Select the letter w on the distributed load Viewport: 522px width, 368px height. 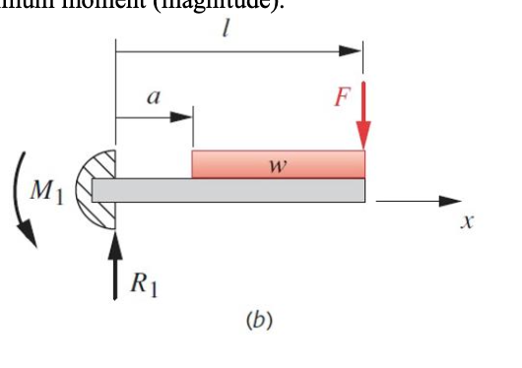[278, 164]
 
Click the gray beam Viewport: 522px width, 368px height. [236, 189]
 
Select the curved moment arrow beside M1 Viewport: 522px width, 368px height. [21, 202]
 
